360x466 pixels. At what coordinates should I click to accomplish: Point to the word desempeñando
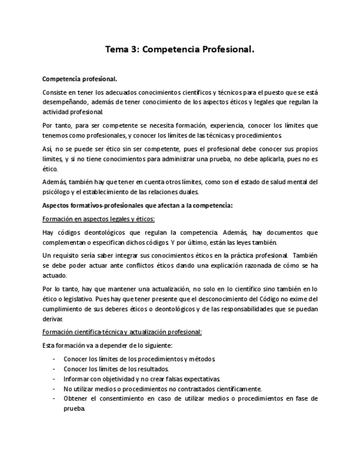click(x=63, y=102)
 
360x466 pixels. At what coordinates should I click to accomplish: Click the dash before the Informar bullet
click(x=53, y=379)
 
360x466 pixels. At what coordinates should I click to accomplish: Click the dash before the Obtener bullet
click(x=53, y=398)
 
